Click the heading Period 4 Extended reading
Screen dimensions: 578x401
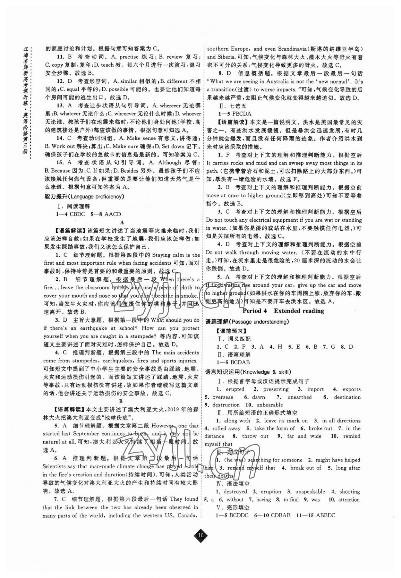pos(283,311)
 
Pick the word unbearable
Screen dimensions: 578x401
pos(269,405)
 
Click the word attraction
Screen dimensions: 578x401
pos(349,499)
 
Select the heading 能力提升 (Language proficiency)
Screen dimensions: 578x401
pos(84,197)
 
